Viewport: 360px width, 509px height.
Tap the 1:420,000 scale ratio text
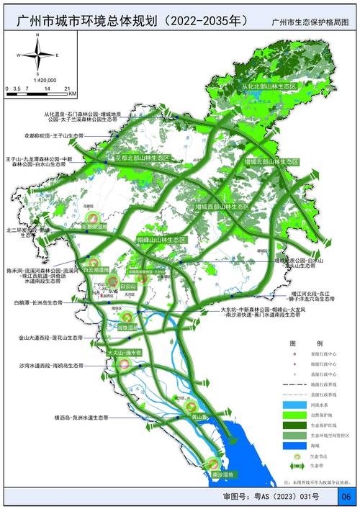(x=42, y=80)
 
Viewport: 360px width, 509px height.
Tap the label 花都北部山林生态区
(x=142, y=157)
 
